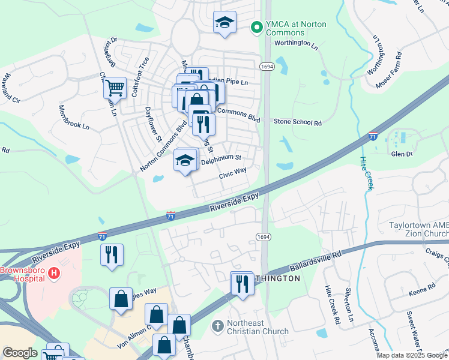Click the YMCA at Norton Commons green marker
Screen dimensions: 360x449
pos(257,27)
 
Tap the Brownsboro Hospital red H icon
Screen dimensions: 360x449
pos(55,274)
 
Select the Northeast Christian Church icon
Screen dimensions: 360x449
pos(218,327)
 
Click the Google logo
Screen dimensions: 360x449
pos(20,353)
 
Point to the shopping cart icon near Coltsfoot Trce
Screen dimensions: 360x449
pos(115,88)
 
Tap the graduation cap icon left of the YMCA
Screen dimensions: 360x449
pos(225,23)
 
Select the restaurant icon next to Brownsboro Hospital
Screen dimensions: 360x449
pos(112,254)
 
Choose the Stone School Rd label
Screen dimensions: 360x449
pos(298,122)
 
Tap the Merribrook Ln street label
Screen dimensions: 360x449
pos(73,118)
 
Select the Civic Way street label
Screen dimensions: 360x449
pos(233,173)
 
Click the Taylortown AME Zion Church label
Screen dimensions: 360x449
pos(415,229)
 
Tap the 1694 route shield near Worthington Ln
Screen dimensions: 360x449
pos(265,65)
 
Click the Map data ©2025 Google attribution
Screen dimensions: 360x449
pos(412,355)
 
